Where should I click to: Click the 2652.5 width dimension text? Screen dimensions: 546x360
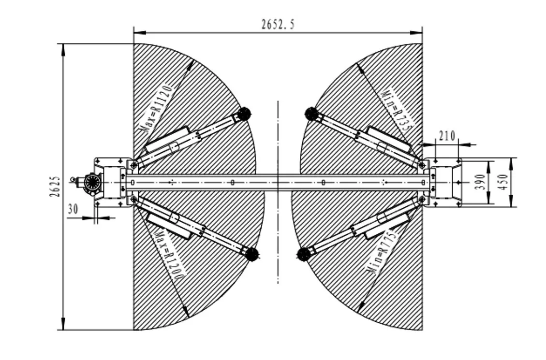pos(278,24)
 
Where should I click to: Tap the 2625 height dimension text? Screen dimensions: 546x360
pos(55,187)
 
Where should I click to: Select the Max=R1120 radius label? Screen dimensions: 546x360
pos(158,108)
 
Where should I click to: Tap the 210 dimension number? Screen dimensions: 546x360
pos(447,136)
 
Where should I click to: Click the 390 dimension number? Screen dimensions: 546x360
pos(481,182)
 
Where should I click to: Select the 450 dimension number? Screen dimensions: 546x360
pos(503,182)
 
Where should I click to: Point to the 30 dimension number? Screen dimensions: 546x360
pos(73,209)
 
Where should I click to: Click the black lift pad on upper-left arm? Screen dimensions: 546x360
pos(244,114)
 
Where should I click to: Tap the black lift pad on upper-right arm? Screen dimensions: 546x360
pos(311,114)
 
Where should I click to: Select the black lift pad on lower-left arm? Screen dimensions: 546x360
pos(251,254)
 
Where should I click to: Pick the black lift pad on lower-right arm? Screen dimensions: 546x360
pos(304,254)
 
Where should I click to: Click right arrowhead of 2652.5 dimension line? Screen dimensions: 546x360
pos(416,33)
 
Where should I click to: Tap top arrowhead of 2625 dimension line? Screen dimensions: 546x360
pos(63,50)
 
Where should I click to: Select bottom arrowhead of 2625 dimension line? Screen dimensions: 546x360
pos(63,324)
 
